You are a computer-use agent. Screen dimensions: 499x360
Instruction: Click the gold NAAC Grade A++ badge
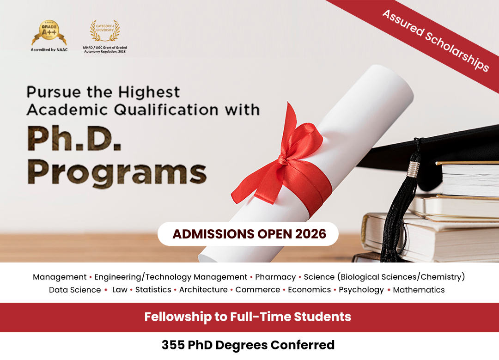pos(49,32)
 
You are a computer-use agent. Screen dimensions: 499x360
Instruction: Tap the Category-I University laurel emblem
pos(105,31)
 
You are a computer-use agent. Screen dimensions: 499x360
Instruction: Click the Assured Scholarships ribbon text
pos(436,40)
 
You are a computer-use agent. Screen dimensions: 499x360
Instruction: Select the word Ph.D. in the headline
pos(74,138)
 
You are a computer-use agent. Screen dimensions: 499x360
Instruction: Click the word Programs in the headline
pos(117,173)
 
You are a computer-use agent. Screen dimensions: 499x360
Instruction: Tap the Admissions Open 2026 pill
pos(248,234)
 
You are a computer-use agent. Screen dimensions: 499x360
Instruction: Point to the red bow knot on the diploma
pos(284,159)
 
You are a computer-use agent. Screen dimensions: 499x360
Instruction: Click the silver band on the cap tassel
pos(414,169)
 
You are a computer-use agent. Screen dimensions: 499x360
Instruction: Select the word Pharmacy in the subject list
pos(275,277)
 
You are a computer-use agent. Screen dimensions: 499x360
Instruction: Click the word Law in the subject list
pos(120,290)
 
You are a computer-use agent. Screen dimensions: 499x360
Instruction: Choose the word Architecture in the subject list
pos(203,290)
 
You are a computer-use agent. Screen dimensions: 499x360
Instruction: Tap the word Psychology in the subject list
pos(361,290)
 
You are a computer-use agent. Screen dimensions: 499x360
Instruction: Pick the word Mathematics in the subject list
pos(419,290)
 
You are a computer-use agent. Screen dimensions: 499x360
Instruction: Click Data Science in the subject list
pos(75,290)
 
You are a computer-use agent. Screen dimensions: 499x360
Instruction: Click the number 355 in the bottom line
pos(173,345)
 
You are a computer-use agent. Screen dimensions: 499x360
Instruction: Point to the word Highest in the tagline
pos(149,92)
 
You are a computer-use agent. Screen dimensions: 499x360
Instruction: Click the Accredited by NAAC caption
pos(49,49)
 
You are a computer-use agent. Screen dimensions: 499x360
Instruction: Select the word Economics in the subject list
pos(309,290)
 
